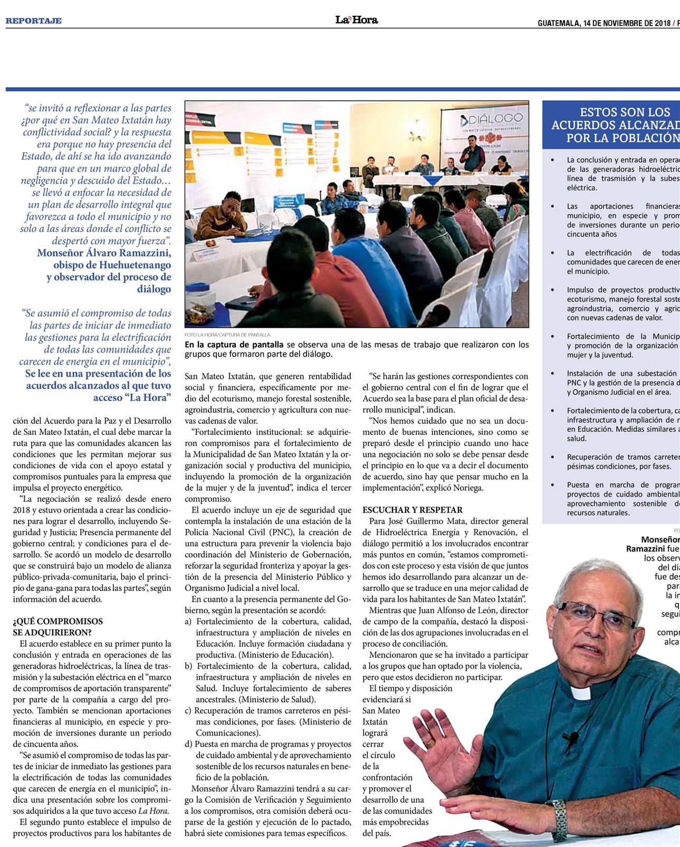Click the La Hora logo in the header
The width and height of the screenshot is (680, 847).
357,20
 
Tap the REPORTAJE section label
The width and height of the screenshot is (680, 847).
34,21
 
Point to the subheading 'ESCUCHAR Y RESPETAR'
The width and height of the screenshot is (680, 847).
413,510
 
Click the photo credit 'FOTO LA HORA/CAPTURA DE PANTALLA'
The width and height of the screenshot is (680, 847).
228,335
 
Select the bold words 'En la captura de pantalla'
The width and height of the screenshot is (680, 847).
234,345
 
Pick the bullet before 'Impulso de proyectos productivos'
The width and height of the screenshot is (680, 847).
552,290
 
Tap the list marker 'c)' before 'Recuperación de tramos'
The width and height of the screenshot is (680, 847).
188,710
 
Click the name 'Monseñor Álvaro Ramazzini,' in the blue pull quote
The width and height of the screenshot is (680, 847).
104,252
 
